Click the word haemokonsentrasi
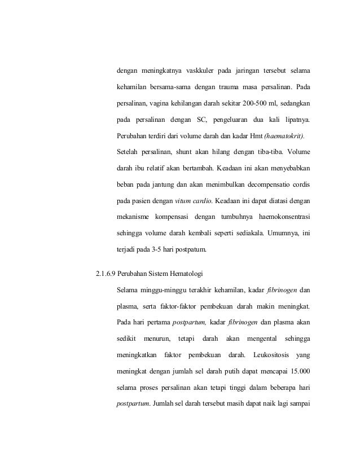click(x=283, y=216)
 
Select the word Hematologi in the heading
click(x=188, y=275)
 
